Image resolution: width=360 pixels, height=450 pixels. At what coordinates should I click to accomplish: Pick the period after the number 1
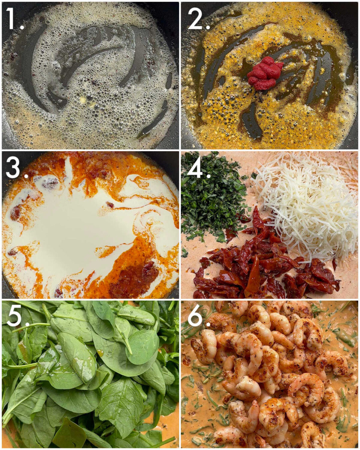coord(22,27)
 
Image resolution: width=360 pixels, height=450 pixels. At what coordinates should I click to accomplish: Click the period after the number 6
coord(208,324)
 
